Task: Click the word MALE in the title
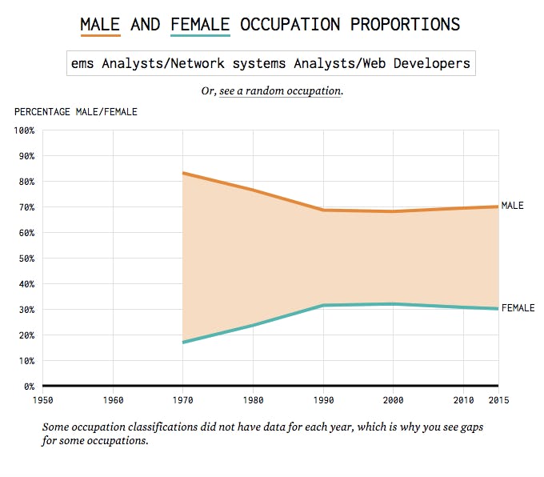point(100,24)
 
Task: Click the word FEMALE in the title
point(200,24)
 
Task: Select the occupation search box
point(271,63)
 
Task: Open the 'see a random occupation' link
point(280,91)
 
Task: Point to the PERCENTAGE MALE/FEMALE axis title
point(76,111)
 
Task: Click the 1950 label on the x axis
point(43,399)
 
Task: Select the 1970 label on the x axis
point(183,399)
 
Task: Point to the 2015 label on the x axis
point(498,399)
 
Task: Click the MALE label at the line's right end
point(513,206)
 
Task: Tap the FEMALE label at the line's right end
point(518,308)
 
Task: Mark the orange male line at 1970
point(184,173)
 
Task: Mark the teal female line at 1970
point(184,342)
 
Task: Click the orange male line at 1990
point(323,210)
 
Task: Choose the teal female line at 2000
point(394,304)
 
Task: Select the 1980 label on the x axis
point(254,399)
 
